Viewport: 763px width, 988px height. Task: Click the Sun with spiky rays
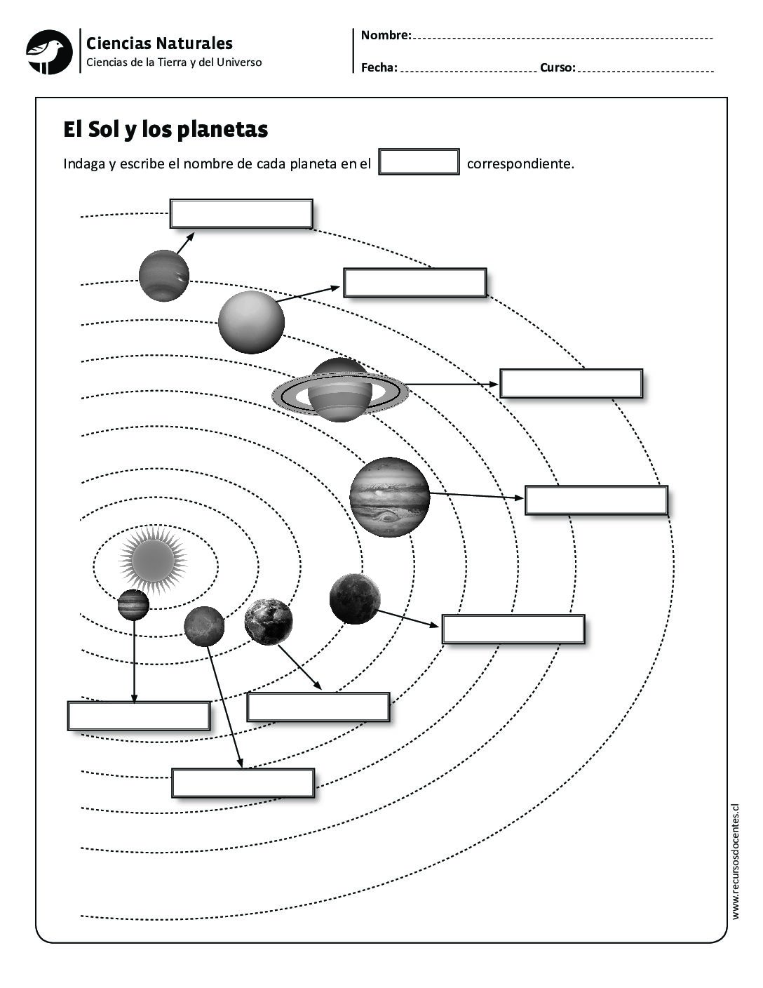pyautogui.click(x=154, y=559)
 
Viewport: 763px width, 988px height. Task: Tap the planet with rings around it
pyautogui.click(x=339, y=391)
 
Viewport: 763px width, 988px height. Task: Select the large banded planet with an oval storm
pyautogui.click(x=389, y=497)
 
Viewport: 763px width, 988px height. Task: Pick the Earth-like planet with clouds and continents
pyautogui.click(x=269, y=622)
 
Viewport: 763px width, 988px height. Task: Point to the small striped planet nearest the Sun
pyautogui.click(x=133, y=605)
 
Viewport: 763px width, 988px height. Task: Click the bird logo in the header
pyautogui.click(x=49, y=52)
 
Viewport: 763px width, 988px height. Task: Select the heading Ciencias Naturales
pyautogui.click(x=159, y=44)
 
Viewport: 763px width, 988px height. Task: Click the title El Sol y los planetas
pyautogui.click(x=166, y=130)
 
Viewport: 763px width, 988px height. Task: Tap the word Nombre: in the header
pyautogui.click(x=386, y=35)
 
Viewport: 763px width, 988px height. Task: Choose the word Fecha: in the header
pyautogui.click(x=379, y=68)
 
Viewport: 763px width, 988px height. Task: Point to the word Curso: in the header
pyautogui.click(x=558, y=68)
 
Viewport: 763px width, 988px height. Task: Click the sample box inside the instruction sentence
pyautogui.click(x=419, y=162)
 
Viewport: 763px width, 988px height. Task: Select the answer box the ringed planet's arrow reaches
pyautogui.click(x=571, y=384)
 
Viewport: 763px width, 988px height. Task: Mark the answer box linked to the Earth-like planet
pyautogui.click(x=318, y=707)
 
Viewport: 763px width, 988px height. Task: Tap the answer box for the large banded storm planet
pyautogui.click(x=596, y=500)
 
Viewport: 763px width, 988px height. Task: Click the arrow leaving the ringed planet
pyautogui.click(x=452, y=384)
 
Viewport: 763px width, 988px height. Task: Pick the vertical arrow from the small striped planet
pyautogui.click(x=134, y=660)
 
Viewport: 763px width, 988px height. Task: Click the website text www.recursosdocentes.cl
pyautogui.click(x=735, y=862)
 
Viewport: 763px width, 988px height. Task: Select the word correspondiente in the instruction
pyautogui.click(x=520, y=164)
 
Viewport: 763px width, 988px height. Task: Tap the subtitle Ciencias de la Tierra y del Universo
pyautogui.click(x=174, y=62)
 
